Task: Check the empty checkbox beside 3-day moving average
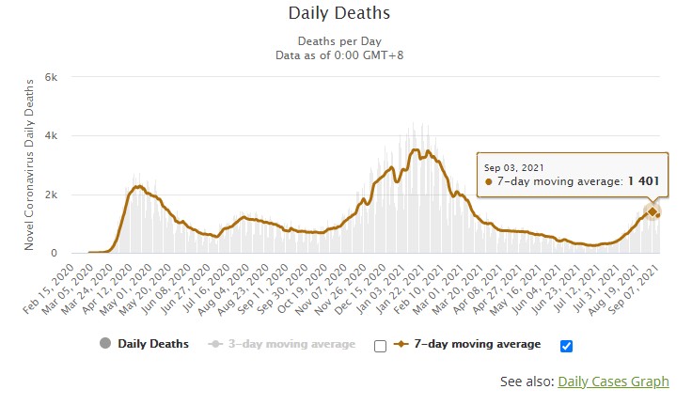(x=380, y=346)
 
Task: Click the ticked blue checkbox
(x=566, y=346)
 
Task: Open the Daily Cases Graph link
(x=613, y=381)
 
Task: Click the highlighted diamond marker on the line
(x=652, y=211)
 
